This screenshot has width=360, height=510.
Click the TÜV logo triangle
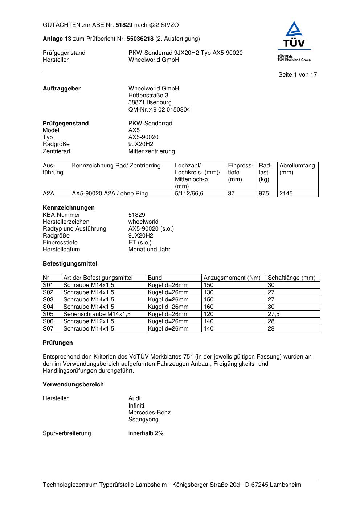coord(294,29)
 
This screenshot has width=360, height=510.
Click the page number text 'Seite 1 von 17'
coord(298,75)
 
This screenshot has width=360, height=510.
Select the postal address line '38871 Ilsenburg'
coord(150,102)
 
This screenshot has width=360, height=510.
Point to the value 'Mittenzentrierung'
coord(151,151)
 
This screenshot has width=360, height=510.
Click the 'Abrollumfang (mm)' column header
coord(297,169)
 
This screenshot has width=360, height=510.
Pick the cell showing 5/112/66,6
coord(189,194)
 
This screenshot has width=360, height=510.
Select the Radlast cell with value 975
coord(264,194)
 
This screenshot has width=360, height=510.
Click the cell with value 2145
coord(286,194)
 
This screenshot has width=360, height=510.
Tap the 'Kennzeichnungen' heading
coord(69,208)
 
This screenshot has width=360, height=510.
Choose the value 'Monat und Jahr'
coord(149,250)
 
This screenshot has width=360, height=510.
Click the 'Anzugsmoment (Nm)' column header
coord(232,278)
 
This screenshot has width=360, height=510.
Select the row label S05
coord(48,314)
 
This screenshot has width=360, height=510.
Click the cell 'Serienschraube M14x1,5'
coord(97,314)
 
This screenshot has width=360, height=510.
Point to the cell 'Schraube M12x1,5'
coord(89,321)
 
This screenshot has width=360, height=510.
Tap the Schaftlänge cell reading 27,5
coord(274,314)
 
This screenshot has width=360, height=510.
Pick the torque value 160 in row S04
coord(209,307)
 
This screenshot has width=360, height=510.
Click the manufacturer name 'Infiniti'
coord(136,405)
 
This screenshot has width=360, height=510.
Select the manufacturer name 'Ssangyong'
coord(143,420)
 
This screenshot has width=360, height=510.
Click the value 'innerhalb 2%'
coord(146,433)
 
